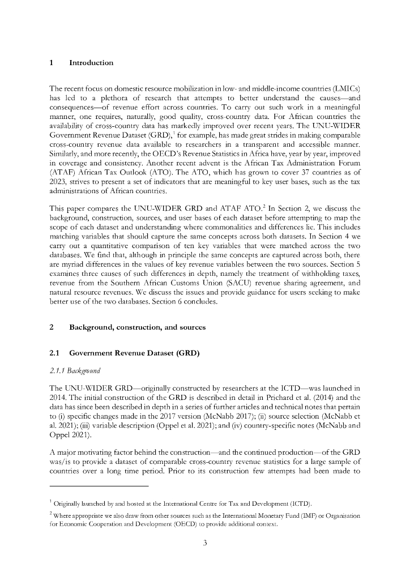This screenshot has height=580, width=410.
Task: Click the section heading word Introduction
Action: [x=91, y=63]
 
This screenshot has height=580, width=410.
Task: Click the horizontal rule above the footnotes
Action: [x=99, y=487]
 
